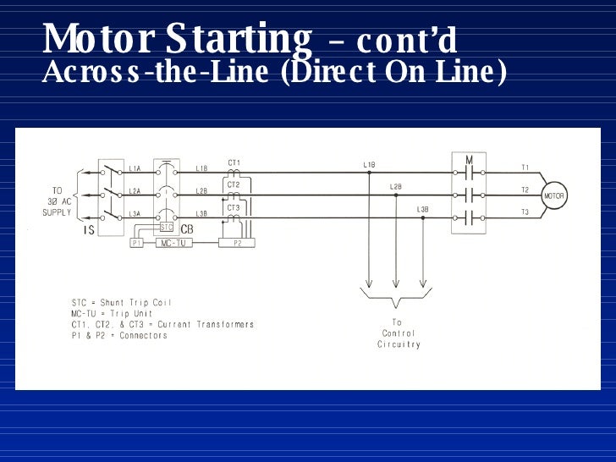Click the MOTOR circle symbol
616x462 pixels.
[x=553, y=195]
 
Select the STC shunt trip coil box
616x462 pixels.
[x=167, y=227]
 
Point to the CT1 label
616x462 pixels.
[x=234, y=162]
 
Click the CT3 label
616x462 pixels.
[x=234, y=206]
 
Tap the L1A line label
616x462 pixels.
[x=135, y=168]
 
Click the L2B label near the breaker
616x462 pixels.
[x=201, y=190]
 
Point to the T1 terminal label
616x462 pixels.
[x=525, y=168]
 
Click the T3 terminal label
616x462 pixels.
[x=525, y=212]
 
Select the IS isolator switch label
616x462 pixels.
[x=88, y=230]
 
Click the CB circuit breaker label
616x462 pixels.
[x=187, y=228]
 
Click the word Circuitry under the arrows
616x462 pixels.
[x=399, y=344]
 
